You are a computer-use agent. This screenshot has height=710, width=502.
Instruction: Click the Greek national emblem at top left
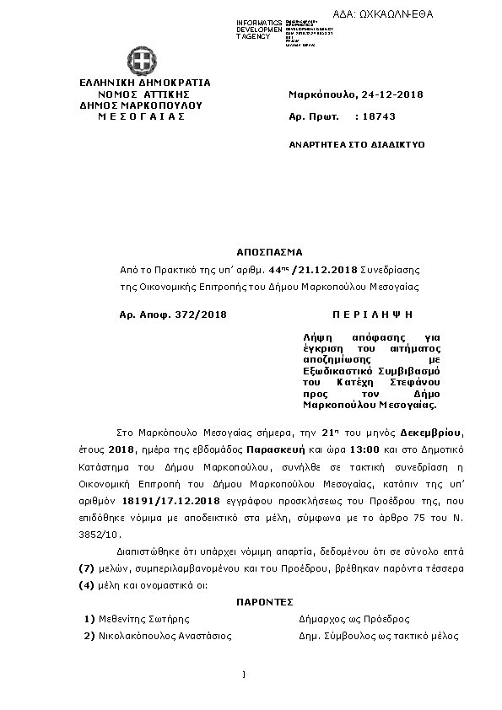pos(141,60)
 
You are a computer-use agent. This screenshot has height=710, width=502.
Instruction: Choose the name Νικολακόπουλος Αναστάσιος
pos(163,636)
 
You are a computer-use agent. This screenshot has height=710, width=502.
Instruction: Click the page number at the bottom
pos(243,675)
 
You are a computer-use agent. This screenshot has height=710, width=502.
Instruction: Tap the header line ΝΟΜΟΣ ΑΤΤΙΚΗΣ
pos(143,94)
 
